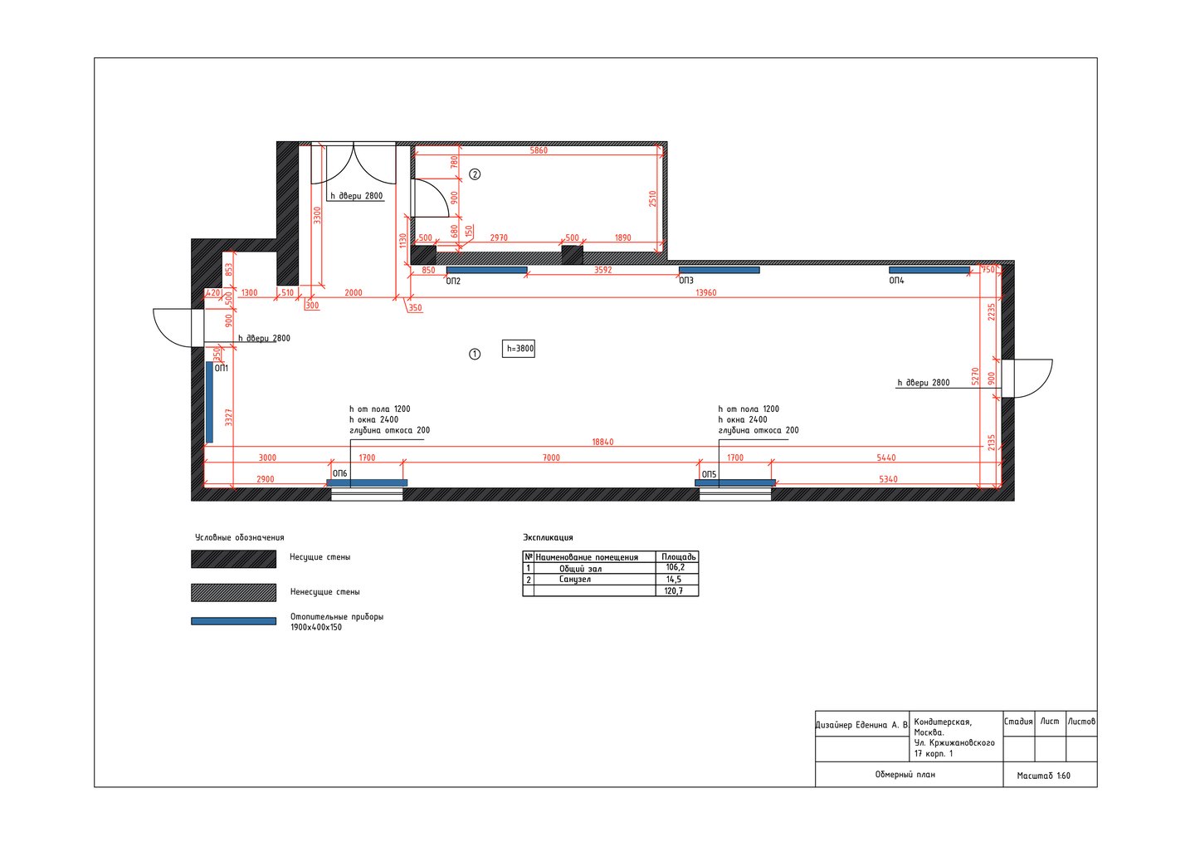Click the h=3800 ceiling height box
[x=518, y=349]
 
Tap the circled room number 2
[x=475, y=174]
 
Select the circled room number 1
[x=475, y=354]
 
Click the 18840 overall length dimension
[x=602, y=442]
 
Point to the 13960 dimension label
[x=705, y=292]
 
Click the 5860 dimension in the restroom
[x=539, y=150]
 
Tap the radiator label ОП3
[x=686, y=281]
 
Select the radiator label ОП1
[x=222, y=368]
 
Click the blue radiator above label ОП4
[x=929, y=270]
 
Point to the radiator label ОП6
[x=340, y=473]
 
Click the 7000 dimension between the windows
[x=551, y=458]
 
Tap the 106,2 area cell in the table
[x=675, y=568]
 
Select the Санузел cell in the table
[x=575, y=579]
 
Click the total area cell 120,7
[x=674, y=590]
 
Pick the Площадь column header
[x=679, y=556]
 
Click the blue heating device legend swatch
[x=234, y=621]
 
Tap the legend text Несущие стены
[x=320, y=557]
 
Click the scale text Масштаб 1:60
[x=1043, y=776]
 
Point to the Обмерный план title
[x=905, y=775]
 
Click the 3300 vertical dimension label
[x=317, y=215]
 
